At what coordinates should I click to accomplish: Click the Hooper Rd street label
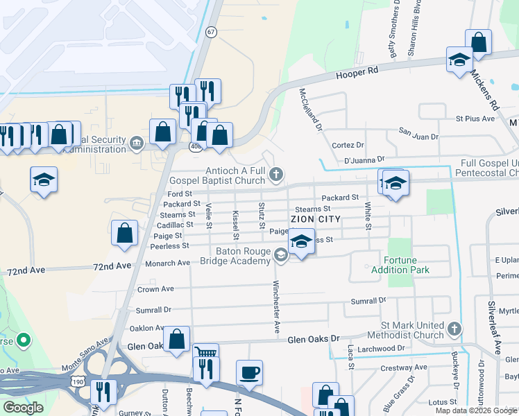pyautogui.click(x=357, y=72)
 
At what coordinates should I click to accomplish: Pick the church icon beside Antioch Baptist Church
pyautogui.click(x=276, y=173)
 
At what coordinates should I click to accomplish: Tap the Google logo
pyautogui.click(x=24, y=408)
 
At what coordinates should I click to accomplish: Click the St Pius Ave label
pyautogui.click(x=475, y=119)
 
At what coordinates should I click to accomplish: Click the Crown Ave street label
pyautogui.click(x=155, y=289)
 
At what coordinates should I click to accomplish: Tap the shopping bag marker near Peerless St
pyautogui.click(x=125, y=234)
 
